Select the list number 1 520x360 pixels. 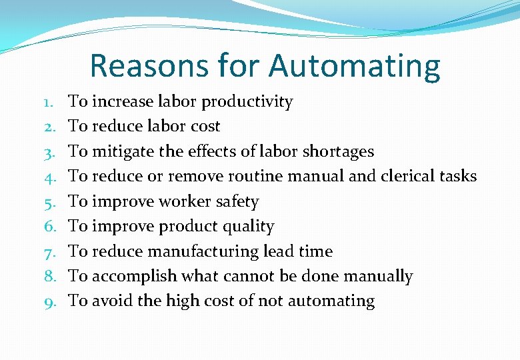click(x=49, y=102)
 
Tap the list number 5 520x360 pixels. click(x=49, y=202)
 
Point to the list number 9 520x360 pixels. click(x=49, y=301)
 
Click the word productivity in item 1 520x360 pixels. click(x=247, y=102)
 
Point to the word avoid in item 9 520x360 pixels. click(x=112, y=301)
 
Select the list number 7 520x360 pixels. click(x=49, y=252)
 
